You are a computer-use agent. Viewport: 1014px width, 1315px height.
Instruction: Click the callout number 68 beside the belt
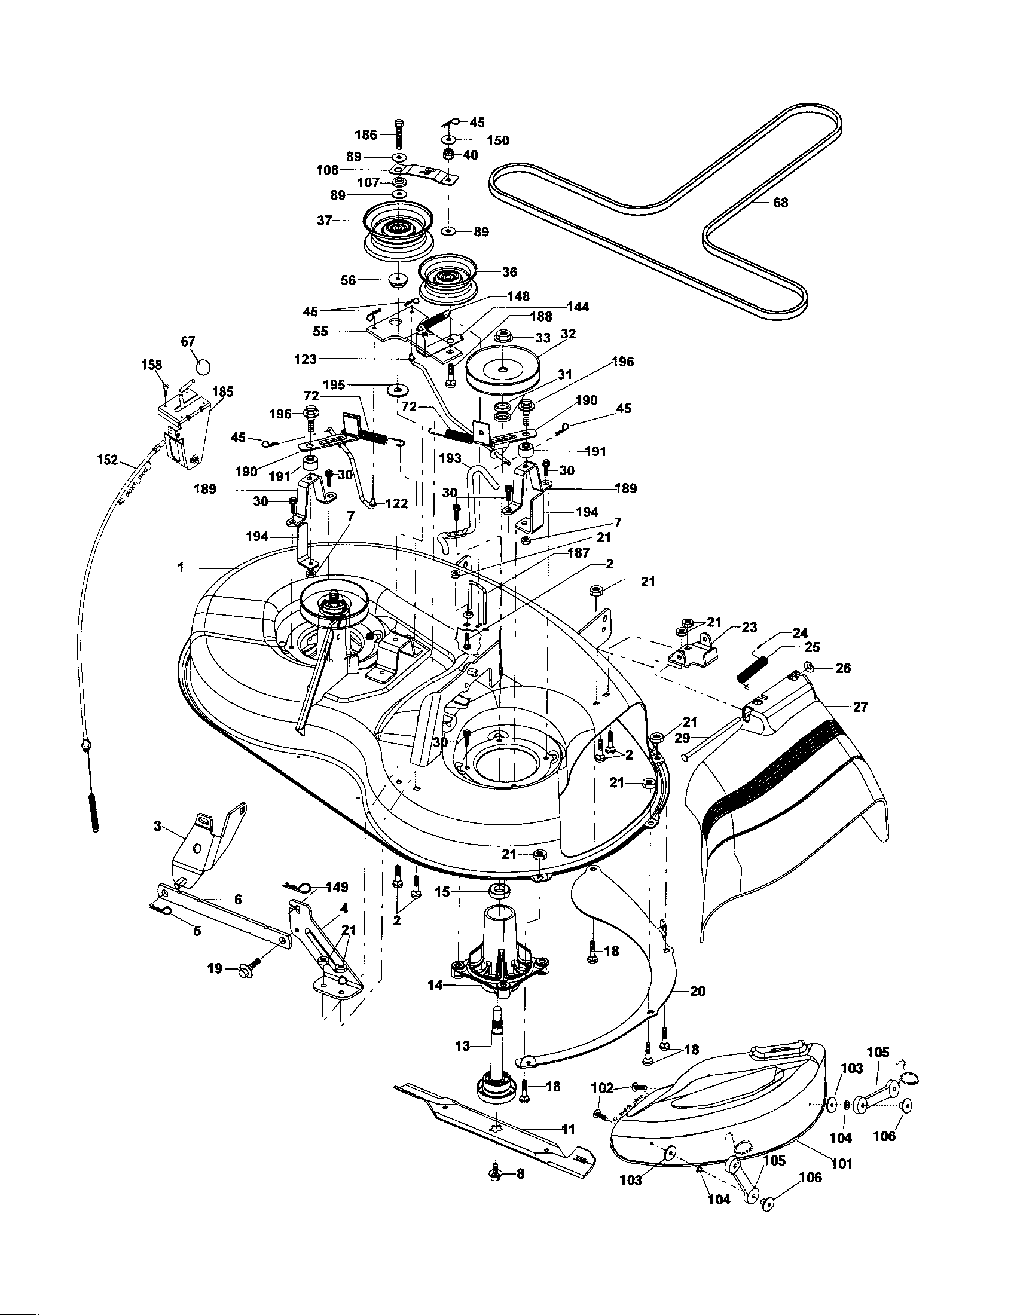click(780, 203)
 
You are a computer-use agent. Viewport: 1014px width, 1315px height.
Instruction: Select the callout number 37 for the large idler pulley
click(325, 221)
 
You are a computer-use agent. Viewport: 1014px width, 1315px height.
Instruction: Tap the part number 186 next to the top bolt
click(365, 134)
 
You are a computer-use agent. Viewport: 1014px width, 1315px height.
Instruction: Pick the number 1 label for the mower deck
click(181, 568)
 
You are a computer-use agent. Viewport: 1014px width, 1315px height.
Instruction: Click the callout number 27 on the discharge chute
click(860, 707)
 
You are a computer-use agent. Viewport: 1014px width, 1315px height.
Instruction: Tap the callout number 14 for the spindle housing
click(435, 985)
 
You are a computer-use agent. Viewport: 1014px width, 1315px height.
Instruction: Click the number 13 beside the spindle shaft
click(462, 1046)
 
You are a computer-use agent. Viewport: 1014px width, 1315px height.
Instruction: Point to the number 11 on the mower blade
click(568, 1129)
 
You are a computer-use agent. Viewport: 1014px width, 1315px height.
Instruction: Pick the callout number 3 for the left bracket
click(157, 826)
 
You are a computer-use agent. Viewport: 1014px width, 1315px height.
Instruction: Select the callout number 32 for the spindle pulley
click(568, 334)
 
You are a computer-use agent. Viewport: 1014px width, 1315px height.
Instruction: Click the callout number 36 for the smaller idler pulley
click(509, 272)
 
